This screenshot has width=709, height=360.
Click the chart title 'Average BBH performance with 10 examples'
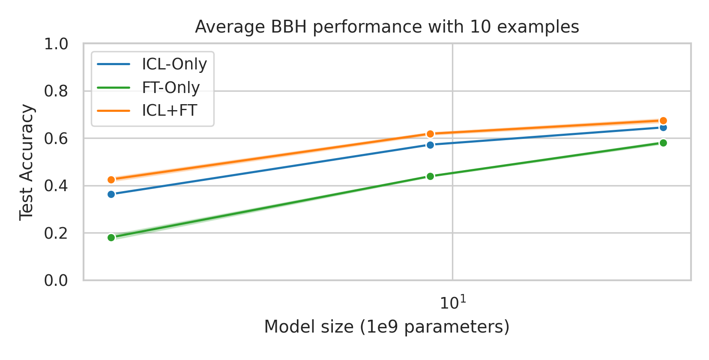coord(387,27)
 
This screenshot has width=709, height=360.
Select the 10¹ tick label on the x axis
coord(452,303)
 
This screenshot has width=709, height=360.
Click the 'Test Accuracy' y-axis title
coord(27,162)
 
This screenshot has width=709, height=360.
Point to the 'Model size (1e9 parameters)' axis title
coord(387,327)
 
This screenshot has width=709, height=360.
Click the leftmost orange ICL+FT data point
coord(111,180)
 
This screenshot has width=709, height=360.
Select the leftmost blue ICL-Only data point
coord(111,194)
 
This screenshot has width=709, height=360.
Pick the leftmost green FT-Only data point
coord(111,237)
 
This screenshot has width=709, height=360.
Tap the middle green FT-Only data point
coord(430,176)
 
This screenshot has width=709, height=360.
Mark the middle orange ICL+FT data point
coord(430,134)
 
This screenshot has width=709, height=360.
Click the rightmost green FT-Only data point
coord(663,143)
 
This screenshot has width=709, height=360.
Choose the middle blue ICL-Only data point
coord(430,145)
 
